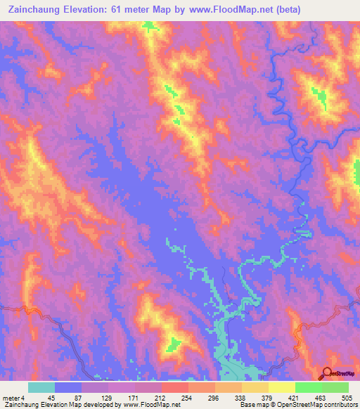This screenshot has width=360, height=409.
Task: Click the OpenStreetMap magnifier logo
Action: [327, 373]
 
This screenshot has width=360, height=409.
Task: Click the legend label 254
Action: [173, 398]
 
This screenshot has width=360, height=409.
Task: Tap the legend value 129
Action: [108, 398]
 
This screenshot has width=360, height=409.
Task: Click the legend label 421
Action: [291, 398]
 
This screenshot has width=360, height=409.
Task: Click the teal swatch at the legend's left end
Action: [41, 387]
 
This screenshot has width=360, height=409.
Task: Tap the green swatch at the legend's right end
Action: [335, 387]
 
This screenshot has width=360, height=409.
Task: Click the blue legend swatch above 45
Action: [68, 387]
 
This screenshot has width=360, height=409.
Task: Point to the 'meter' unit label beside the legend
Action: [11, 398]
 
